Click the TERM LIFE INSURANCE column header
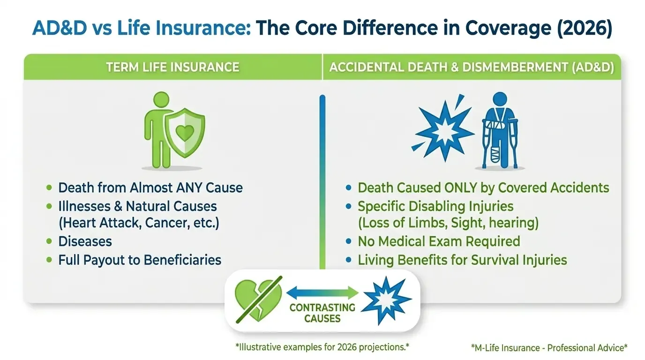172,67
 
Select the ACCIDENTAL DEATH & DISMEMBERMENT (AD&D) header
471,67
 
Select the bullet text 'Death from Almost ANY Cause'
150,188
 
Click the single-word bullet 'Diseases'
85,241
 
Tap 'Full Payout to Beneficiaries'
139,260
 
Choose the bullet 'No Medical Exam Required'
439,241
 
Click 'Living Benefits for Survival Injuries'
462,260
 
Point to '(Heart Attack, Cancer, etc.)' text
139,223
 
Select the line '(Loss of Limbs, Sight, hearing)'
448,223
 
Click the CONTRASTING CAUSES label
322,313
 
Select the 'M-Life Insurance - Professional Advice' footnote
549,347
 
